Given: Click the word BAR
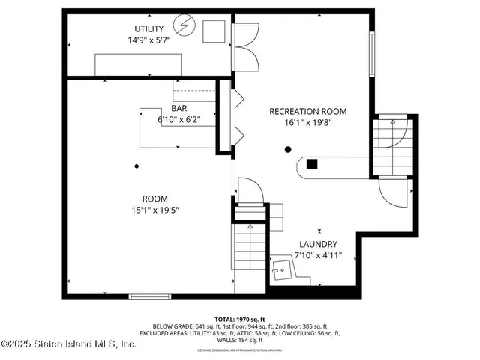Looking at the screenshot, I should pyautogui.click(x=178, y=108).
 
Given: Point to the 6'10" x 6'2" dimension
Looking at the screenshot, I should pyautogui.click(x=178, y=119).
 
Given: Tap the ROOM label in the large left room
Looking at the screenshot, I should pyautogui.click(x=154, y=199).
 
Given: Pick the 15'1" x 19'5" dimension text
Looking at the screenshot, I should pyautogui.click(x=154, y=211).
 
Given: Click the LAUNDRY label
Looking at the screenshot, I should pyautogui.click(x=318, y=244).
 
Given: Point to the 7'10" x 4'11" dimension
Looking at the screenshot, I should pyautogui.click(x=318, y=256).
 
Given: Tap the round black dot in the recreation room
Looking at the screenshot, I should pyautogui.click(x=287, y=149).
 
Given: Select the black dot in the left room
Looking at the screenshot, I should pyautogui.click(x=136, y=166).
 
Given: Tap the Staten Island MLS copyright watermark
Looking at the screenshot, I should pyautogui.click(x=69, y=344).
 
